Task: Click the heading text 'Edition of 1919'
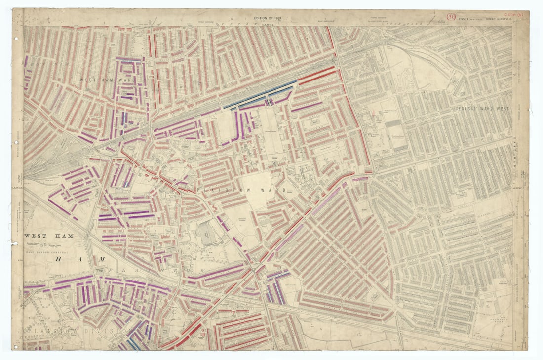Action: click(267, 18)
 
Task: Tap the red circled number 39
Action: click(451, 17)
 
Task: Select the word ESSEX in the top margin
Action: click(466, 19)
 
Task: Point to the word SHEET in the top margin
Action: click(492, 19)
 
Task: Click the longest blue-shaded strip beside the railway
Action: click(260, 94)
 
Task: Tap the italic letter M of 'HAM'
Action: click(101, 259)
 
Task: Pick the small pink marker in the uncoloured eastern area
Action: click(376, 113)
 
